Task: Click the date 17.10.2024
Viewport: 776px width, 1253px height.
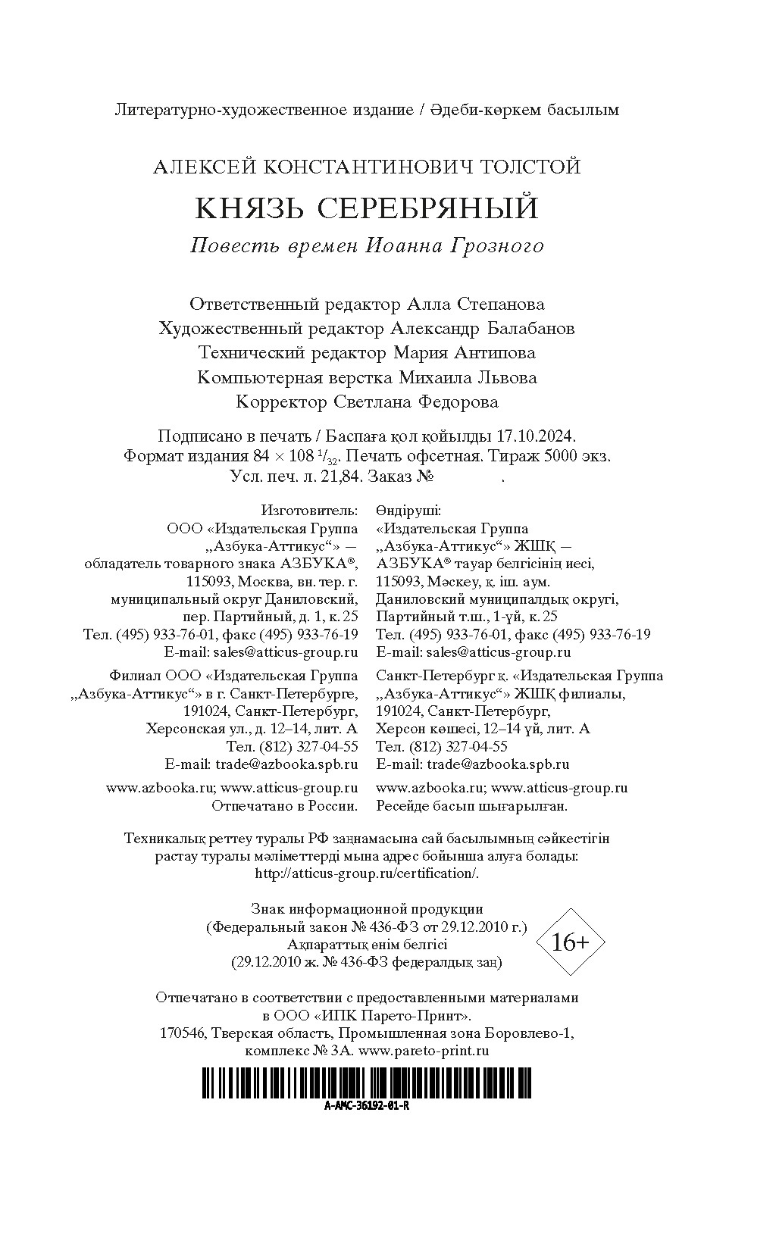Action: tap(537, 437)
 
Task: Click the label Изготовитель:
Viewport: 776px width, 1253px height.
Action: tap(309, 511)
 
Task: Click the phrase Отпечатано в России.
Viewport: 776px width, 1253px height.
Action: tap(284, 806)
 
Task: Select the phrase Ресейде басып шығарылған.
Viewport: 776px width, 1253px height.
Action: tap(471, 806)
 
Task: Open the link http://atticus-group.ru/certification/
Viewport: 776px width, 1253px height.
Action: tap(368, 873)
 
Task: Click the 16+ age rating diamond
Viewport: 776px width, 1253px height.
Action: tap(570, 942)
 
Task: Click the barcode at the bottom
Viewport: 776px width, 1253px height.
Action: tap(367, 1083)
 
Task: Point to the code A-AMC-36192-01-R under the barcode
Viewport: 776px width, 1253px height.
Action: tap(367, 1105)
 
